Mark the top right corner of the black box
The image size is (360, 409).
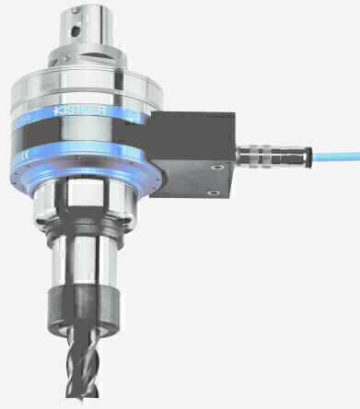pyautogui.click(x=238, y=111)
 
